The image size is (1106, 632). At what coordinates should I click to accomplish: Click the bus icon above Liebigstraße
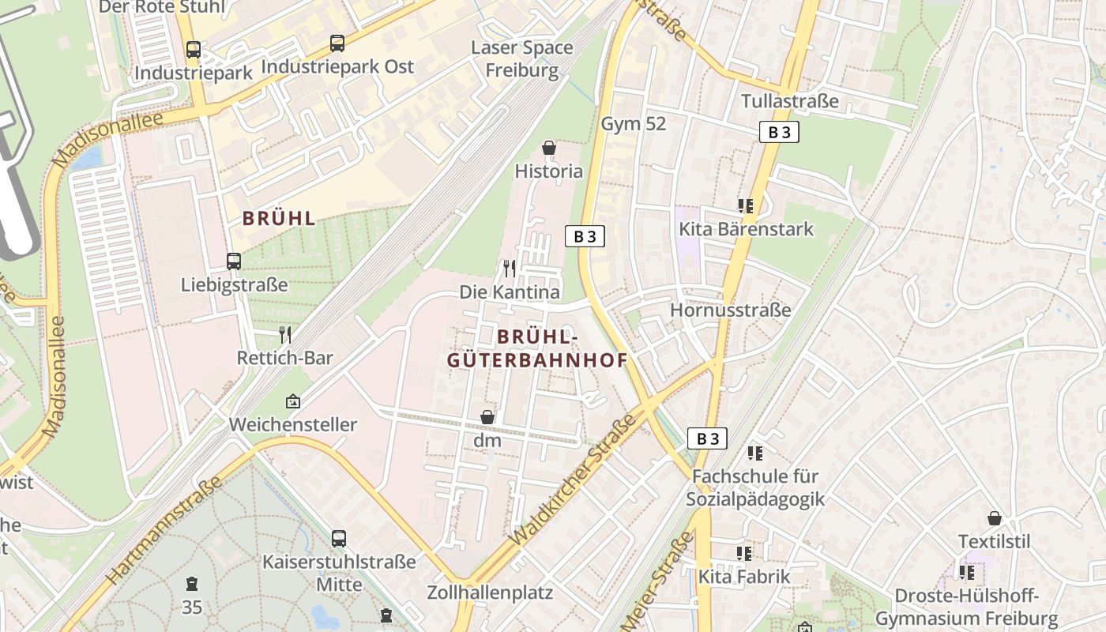[233, 261]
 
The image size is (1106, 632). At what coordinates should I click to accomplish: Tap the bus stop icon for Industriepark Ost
[337, 43]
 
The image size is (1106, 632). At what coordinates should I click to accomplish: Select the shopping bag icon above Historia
[549, 148]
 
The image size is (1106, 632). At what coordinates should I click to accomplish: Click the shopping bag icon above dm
[487, 416]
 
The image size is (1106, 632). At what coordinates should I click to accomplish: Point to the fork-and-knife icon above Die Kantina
[510, 269]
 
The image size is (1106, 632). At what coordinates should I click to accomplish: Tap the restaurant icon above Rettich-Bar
[285, 334]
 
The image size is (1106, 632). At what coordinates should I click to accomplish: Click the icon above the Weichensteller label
[293, 401]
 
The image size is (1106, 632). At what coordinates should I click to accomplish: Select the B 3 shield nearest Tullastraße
[779, 132]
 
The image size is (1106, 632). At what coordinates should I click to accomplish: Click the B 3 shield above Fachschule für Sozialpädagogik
[707, 438]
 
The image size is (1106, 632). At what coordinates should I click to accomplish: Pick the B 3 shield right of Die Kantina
[585, 235]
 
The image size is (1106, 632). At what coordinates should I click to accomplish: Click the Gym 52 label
[634, 124]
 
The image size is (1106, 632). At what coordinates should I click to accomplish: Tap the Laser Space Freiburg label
[522, 58]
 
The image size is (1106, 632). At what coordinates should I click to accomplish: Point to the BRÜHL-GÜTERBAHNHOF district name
[537, 348]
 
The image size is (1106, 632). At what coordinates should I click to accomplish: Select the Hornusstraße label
[730, 310]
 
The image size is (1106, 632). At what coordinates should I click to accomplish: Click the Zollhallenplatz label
[490, 592]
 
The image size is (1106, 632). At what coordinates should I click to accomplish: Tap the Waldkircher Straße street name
[574, 480]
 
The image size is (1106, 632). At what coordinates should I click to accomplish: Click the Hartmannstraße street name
[162, 531]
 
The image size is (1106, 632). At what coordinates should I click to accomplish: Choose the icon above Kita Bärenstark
[745, 206]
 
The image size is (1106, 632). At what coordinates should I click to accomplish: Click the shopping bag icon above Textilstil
[995, 518]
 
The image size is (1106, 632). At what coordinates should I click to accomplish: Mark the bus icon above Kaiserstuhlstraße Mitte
[339, 539]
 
